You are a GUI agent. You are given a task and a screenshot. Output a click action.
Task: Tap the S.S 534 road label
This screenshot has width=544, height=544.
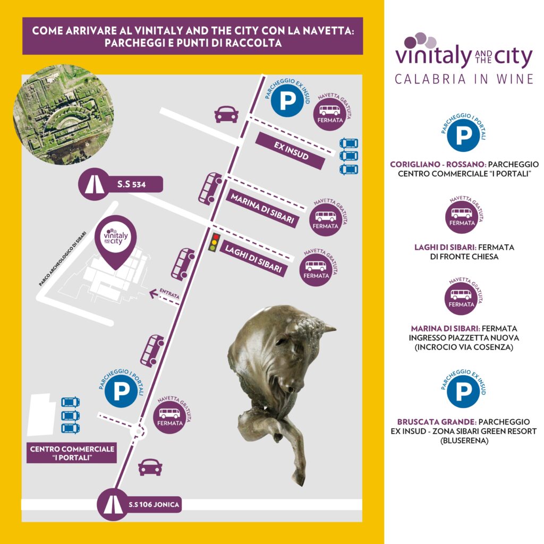click(x=121, y=184)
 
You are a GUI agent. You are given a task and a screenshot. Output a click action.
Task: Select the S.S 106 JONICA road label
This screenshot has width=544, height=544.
click(x=139, y=505)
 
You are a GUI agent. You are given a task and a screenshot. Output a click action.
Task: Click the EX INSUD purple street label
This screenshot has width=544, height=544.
click(x=291, y=150)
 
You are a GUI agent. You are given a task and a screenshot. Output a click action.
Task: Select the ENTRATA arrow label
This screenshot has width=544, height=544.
click(x=165, y=293)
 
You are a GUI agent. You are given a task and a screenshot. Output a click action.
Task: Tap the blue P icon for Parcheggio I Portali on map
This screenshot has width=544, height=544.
click(x=121, y=391)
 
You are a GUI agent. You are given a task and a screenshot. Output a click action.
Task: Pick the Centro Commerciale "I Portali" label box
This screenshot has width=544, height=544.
click(x=72, y=453)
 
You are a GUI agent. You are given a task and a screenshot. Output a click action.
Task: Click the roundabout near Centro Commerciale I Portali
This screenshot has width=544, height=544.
click(x=139, y=432)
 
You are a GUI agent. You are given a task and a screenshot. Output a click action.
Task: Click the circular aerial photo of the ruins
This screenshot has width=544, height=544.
click(x=64, y=115)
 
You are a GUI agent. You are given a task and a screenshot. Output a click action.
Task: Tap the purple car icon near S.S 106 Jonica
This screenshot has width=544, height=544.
click(x=150, y=467)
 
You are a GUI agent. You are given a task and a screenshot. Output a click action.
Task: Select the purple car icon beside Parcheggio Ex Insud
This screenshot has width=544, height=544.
click(x=226, y=114)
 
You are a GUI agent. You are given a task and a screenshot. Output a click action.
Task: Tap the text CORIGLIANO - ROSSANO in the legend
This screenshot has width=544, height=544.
click(x=437, y=164)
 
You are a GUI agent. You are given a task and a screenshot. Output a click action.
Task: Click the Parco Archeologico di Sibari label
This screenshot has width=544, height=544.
click(x=63, y=259)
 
